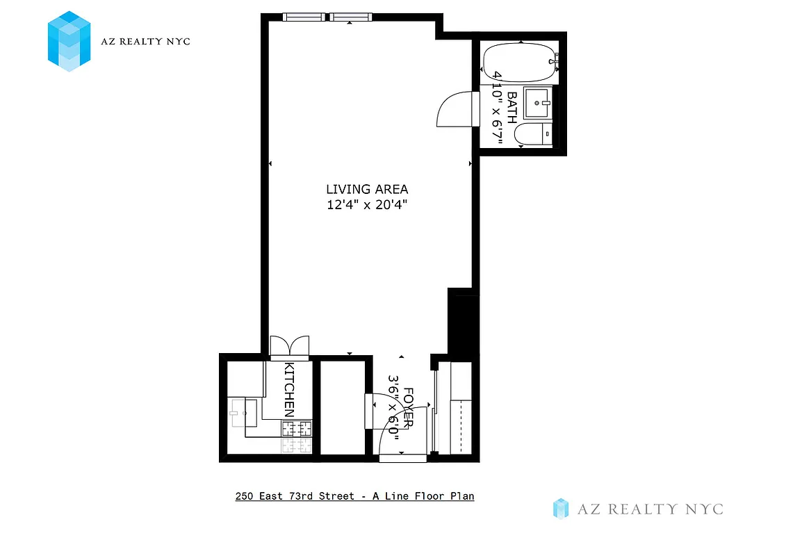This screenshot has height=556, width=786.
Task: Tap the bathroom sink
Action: coord(537,104)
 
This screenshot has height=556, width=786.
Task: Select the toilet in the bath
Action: coord(537,135)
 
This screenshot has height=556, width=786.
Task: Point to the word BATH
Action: coord(512,108)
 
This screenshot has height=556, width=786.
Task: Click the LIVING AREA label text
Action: coord(367,189)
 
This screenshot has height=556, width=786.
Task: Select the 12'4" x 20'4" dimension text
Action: coord(367,205)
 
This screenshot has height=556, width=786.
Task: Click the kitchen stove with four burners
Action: coord(296,429)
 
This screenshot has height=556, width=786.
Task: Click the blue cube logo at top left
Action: coord(69,41)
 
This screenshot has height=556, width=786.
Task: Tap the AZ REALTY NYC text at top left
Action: coord(146,42)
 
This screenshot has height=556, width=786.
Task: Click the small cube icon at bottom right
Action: coord(561,509)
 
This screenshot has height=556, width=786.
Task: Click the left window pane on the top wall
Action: coord(303,17)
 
